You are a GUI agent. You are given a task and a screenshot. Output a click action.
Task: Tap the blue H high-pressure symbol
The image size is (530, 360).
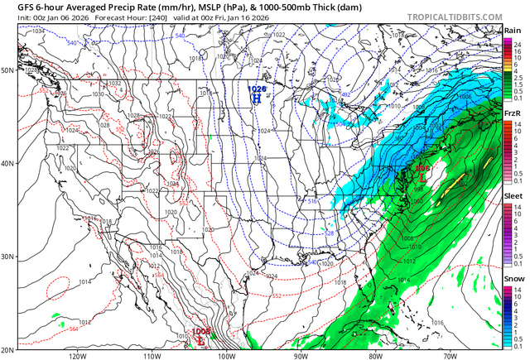pyautogui.click(x=257, y=97)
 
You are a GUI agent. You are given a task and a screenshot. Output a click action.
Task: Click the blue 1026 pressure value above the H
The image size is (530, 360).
pyautogui.click(x=258, y=87)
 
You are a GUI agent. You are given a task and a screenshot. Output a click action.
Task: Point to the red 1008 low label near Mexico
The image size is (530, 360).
pyautogui.click(x=201, y=331)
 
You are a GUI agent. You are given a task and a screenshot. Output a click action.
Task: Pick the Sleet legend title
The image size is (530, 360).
pyautogui.click(x=512, y=196)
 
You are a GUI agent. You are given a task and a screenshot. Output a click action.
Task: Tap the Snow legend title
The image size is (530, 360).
pyautogui.click(x=512, y=279)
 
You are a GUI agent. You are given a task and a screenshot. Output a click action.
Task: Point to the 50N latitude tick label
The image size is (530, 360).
pyautogui.click(x=8, y=70)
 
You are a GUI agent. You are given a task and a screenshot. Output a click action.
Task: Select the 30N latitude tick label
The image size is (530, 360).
pyautogui.click(x=8, y=257)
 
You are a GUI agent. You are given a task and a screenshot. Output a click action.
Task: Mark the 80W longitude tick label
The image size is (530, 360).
pyautogui.click(x=374, y=355)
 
